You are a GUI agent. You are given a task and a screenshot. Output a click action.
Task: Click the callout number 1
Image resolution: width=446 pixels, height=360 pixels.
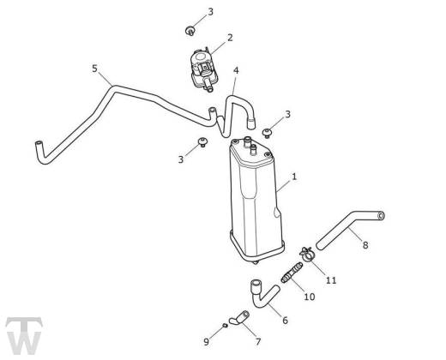coord(294,177)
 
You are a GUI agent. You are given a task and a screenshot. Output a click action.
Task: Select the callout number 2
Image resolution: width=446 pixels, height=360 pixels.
coord(230,38)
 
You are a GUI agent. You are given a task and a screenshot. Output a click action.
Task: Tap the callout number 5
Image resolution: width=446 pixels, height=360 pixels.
coord(94,69)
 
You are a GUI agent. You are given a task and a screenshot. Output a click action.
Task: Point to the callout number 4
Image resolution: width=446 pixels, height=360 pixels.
coord(236,70)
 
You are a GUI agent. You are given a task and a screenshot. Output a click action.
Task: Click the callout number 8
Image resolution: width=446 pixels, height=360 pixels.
coord(365,245)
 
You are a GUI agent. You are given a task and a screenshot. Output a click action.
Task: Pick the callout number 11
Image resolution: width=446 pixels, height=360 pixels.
coord(331,280)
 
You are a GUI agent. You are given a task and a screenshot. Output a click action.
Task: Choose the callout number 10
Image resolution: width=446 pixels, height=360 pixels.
coord(309,297)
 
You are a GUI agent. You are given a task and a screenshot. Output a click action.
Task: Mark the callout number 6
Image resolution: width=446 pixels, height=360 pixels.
coord(285,321)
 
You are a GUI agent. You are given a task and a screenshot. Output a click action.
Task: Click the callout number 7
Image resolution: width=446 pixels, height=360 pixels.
coord(258,341)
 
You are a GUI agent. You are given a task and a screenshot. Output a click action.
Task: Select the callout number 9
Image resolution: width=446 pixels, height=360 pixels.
coord(207,341)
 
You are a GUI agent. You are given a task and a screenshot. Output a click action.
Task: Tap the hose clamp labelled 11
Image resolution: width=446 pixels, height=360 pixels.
coord(307,254)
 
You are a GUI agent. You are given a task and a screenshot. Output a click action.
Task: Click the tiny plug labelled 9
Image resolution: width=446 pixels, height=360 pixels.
coord(225,326)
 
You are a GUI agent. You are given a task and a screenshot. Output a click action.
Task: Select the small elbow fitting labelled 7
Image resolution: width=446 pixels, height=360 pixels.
coord(239,318)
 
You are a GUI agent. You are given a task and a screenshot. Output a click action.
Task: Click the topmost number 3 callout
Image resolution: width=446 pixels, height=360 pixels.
coord(210,12)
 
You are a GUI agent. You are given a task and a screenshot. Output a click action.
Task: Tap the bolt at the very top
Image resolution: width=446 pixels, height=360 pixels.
coord(190,31)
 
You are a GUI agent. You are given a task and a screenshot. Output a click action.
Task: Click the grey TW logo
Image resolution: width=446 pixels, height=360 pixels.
coord(24,336)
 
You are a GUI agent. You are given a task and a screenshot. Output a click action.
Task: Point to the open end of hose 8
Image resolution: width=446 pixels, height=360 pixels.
coord(381,216)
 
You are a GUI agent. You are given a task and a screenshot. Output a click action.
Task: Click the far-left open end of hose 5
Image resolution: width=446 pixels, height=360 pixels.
coord(39,144)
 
